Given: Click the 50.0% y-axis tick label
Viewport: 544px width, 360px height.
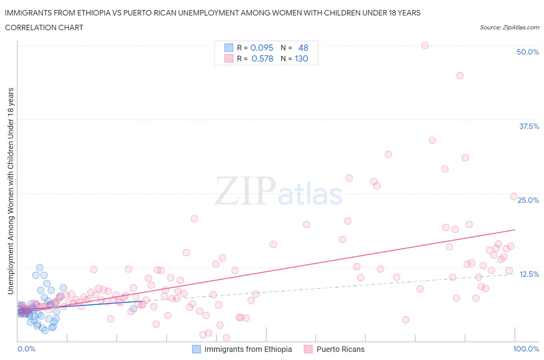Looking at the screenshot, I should [x=528, y=52].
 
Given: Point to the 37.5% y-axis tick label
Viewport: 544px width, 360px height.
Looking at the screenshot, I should [x=529, y=126].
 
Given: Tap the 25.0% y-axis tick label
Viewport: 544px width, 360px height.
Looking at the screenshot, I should [x=528, y=200].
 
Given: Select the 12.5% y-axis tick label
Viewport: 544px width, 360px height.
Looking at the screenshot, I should [x=529, y=274].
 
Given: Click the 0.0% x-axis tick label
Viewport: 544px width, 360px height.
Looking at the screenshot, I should [x=26, y=349].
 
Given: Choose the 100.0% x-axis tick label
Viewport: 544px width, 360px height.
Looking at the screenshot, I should [x=526, y=349].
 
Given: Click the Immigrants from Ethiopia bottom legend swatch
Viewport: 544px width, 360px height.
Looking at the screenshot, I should [x=197, y=349].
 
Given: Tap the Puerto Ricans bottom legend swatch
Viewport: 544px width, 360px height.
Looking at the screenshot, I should [x=308, y=349].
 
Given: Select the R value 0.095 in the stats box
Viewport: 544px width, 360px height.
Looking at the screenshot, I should [x=262, y=48].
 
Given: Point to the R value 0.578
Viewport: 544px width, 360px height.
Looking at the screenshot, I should [x=262, y=58].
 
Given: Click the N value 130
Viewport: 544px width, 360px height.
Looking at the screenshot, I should [x=301, y=58].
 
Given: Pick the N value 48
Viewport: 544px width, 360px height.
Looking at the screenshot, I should [x=303, y=48].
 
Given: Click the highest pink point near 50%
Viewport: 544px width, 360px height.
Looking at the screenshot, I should [x=425, y=45].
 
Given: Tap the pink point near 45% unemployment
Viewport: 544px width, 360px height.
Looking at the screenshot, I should [x=460, y=75].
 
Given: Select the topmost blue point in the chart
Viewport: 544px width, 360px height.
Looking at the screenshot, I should [x=39, y=267].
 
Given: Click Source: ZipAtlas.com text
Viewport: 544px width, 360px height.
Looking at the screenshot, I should [x=509, y=27].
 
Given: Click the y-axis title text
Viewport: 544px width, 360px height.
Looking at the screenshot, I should [x=10, y=191].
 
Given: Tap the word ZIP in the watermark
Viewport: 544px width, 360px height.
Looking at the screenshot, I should [x=245, y=190].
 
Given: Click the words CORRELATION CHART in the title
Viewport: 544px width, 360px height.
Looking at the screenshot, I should [x=44, y=27].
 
